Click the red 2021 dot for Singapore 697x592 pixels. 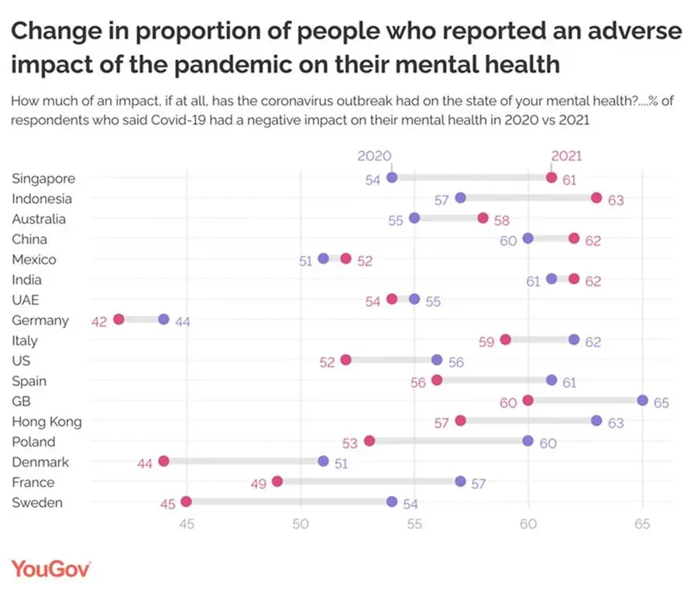point(551,177)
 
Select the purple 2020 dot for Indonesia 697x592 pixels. point(461,198)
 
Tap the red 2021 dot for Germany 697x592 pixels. point(118,319)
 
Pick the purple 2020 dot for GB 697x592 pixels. point(643,400)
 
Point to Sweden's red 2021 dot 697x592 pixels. point(186,501)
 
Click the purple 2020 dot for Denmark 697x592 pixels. point(323,461)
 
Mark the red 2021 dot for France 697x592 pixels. point(277,481)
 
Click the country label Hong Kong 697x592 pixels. point(46,422)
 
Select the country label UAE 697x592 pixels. point(26,300)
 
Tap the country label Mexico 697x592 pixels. point(34,260)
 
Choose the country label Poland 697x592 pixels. point(33,442)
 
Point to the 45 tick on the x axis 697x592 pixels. point(186,524)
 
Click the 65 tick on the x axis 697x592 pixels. point(642,524)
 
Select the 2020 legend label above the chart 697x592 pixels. point(375,156)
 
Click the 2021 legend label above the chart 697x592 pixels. point(566,156)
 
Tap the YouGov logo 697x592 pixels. point(51,568)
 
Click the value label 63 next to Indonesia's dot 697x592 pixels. point(616,200)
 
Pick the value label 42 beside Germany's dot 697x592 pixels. point(99,320)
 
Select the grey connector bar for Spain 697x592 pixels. point(494,380)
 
